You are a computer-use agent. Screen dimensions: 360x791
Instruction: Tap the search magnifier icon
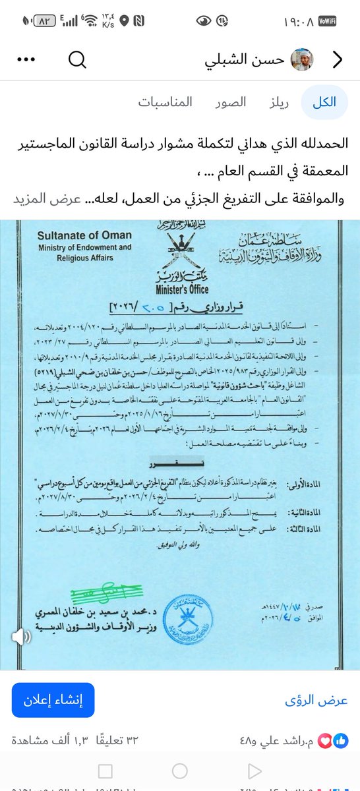tap(77, 60)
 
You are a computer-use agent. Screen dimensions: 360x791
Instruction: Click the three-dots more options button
tap(25, 60)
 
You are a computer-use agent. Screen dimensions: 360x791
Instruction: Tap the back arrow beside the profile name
tap(338, 60)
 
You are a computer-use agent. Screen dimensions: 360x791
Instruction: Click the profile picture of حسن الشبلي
tap(303, 60)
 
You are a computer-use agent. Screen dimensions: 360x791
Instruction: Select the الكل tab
tap(324, 102)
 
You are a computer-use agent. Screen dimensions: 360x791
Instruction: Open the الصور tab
tap(231, 102)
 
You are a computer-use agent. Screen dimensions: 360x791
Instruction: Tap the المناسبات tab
tap(165, 102)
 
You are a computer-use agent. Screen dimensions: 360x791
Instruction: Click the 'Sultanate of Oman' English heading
tap(84, 235)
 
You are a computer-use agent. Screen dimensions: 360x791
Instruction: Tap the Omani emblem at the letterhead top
tap(179, 247)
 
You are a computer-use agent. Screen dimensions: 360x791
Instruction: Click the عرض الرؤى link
tap(316, 700)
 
